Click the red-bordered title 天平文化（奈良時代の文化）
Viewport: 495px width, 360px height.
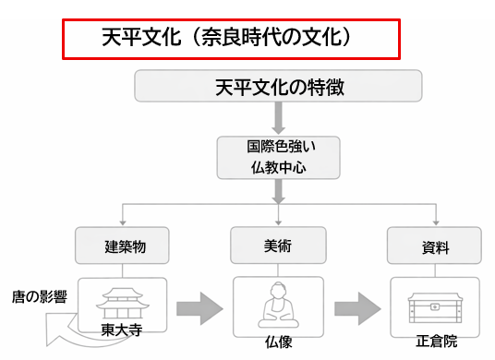click(x=231, y=39)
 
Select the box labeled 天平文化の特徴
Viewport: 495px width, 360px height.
click(x=279, y=88)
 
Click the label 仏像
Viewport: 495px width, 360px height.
click(x=279, y=346)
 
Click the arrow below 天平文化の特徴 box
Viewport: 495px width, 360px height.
click(x=279, y=117)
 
